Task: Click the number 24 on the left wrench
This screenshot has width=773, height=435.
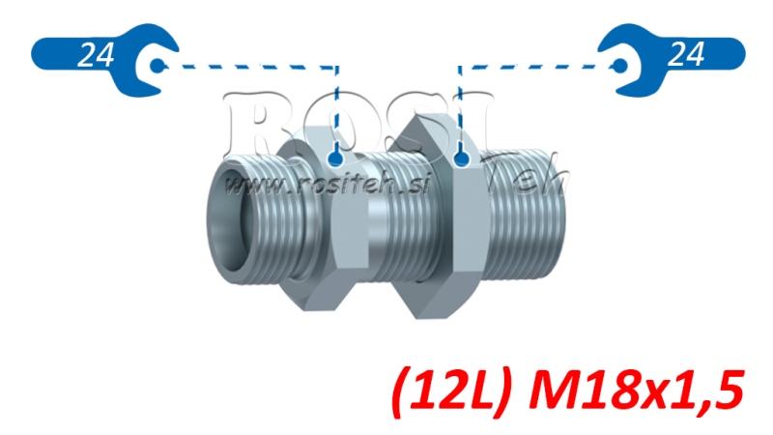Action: tap(94, 55)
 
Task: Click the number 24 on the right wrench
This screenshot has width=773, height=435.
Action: tap(685, 55)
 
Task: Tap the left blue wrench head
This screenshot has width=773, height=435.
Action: tap(154, 65)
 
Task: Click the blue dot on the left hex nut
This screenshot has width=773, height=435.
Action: tap(335, 157)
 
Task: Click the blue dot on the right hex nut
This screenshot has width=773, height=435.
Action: tap(461, 157)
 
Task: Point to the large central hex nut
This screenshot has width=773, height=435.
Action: tap(425, 217)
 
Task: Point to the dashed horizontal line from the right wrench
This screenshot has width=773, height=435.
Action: tap(536, 67)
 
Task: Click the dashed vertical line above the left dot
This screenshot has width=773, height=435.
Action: tap(336, 106)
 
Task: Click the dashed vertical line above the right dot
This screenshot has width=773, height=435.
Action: tap(460, 106)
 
